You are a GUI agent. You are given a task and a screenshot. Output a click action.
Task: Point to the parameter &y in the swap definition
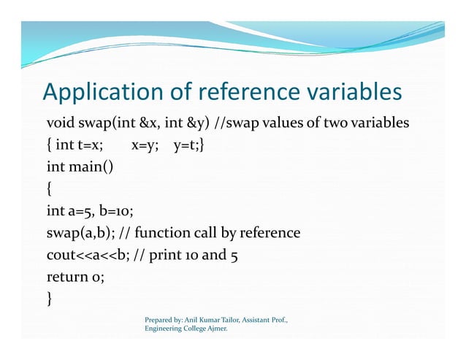pyautogui.click(x=188, y=121)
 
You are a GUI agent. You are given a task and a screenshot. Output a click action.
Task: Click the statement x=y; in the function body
pyautogui.click(x=145, y=145)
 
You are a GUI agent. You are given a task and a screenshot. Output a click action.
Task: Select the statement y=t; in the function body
pyautogui.click(x=188, y=145)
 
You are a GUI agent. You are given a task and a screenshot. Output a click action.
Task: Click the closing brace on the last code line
pyautogui.click(x=49, y=299)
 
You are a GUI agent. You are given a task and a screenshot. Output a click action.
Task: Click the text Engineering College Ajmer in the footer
pyautogui.click(x=186, y=329)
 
